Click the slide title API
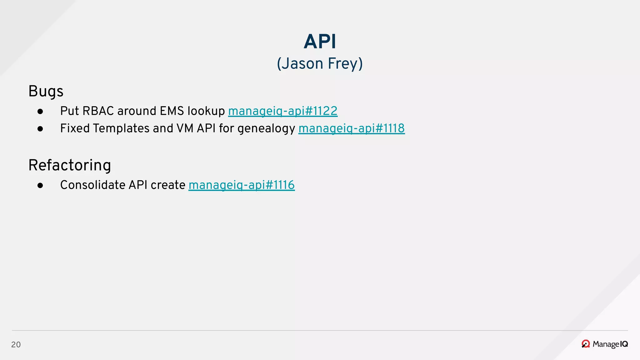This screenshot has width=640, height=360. coord(320,42)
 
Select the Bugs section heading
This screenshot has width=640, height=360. coord(46,92)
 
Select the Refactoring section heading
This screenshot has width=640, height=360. coord(70,165)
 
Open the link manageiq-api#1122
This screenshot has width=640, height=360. coord(282,111)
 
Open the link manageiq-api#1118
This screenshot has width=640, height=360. coord(351,129)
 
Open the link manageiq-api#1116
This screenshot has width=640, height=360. coord(241,185)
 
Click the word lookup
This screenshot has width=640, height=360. coord(206,111)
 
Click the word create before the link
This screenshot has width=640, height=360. coord(168,185)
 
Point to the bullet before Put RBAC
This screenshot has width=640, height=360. coord(40,112)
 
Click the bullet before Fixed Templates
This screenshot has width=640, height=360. coord(40,129)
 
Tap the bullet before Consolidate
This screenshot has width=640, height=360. coord(40,186)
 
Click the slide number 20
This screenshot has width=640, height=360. coord(16,345)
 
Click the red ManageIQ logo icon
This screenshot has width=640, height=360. coord(586,344)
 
